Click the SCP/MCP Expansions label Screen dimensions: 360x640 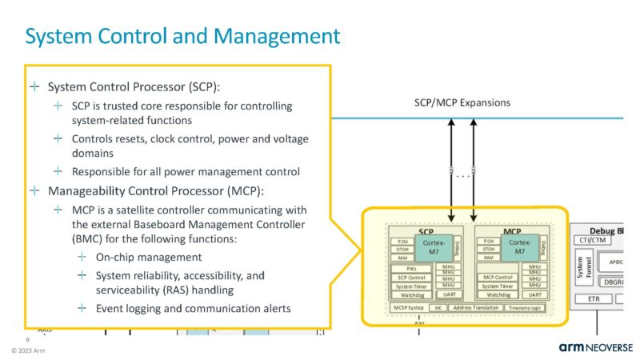click(x=457, y=103)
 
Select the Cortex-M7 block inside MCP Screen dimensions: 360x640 click(x=519, y=246)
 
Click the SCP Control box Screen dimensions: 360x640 click(x=413, y=277)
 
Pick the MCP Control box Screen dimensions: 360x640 click(x=498, y=277)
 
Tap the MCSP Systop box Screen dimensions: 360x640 click(x=409, y=306)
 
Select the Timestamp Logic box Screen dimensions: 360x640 click(x=530, y=306)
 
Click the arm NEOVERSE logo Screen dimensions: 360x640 click(x=595, y=346)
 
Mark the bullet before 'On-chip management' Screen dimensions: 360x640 click(x=82, y=257)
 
